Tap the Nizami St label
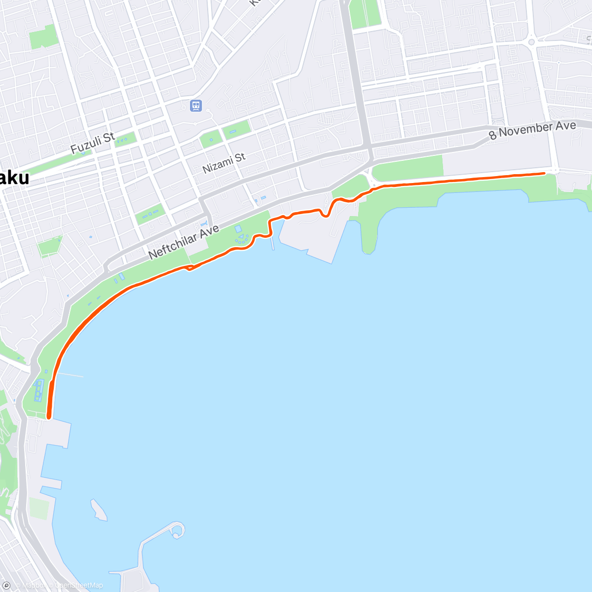pyautogui.click(x=224, y=163)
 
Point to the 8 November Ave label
pyautogui.click(x=532, y=130)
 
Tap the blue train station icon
pyautogui.click(x=196, y=105)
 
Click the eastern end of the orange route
pyautogui.click(x=544, y=173)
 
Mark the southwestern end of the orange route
pyautogui.click(x=49, y=417)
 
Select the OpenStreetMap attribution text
pyautogui.click(x=79, y=586)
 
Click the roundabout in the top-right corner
pyautogui.click(x=531, y=42)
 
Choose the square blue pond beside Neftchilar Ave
pyautogui.click(x=238, y=229)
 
